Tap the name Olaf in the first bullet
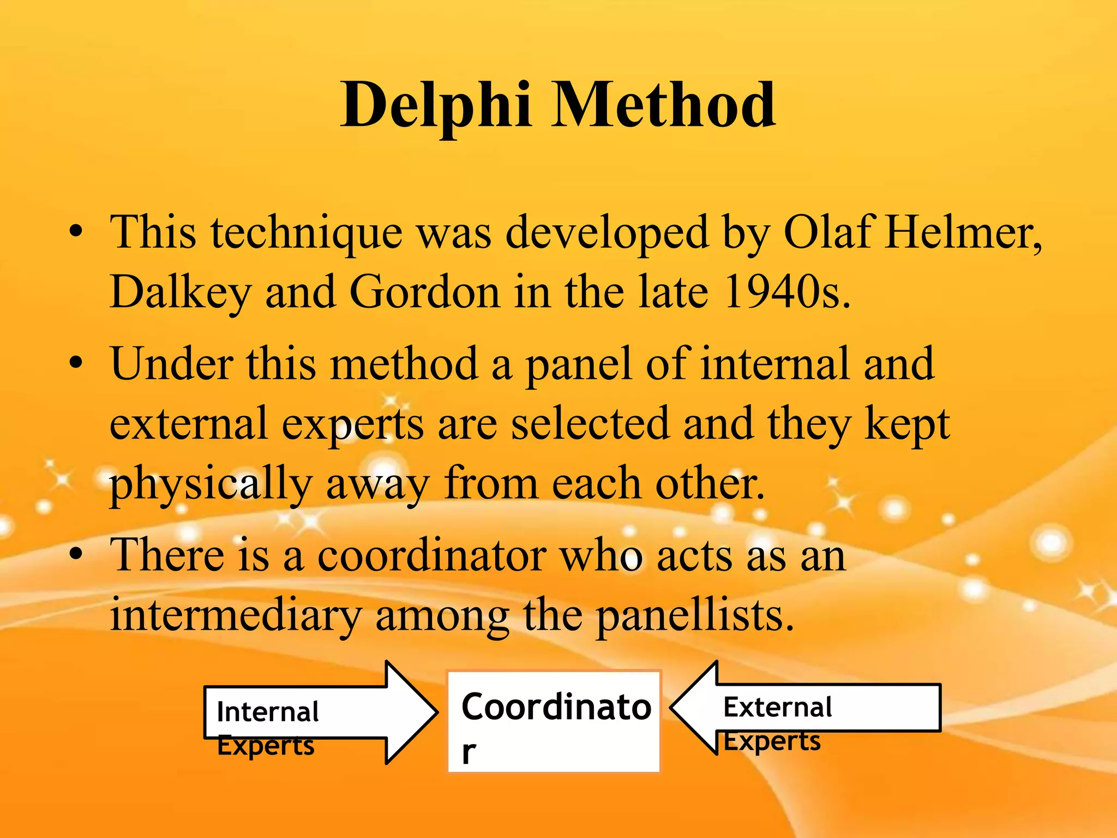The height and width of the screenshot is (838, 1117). (828, 232)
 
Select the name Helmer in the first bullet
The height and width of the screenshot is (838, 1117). (963, 232)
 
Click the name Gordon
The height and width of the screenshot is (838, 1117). (424, 292)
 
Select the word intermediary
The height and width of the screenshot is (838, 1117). (236, 615)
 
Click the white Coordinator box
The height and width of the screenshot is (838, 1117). (554, 721)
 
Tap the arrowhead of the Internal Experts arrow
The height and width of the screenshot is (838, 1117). (412, 712)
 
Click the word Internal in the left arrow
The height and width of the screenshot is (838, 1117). (267, 712)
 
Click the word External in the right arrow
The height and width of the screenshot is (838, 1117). (777, 707)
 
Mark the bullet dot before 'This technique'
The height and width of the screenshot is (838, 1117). (76, 231)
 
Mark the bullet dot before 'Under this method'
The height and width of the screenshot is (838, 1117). (76, 363)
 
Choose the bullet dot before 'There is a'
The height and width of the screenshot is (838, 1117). (76, 554)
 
